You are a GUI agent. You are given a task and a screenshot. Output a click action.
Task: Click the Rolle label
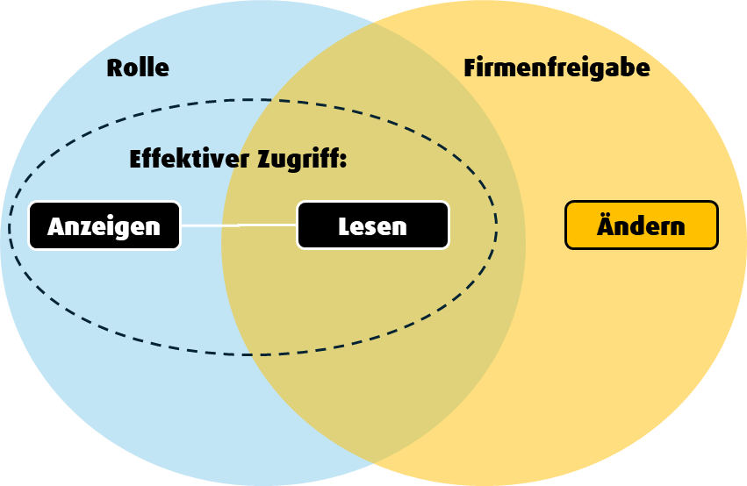pyautogui.click(x=138, y=68)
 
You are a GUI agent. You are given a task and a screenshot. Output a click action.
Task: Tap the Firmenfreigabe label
pyautogui.click(x=557, y=68)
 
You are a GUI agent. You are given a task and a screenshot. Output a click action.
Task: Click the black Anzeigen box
pyautogui.click(x=104, y=226)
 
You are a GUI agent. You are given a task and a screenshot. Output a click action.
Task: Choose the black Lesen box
pyautogui.click(x=373, y=225)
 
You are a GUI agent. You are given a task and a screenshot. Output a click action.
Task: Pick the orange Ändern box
pyautogui.click(x=641, y=225)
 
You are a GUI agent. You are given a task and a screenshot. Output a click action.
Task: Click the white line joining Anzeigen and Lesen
pyautogui.click(x=238, y=225)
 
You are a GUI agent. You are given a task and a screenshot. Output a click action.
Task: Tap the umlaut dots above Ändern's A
pyautogui.click(x=607, y=213)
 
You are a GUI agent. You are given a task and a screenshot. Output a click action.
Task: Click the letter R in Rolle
pyautogui.click(x=114, y=68)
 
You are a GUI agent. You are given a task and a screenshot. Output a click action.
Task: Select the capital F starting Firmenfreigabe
pyautogui.click(x=470, y=68)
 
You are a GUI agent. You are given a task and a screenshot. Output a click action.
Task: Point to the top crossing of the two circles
pyautogui.click(x=374, y=24)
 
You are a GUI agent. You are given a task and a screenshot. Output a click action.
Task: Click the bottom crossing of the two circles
pyautogui.click(x=374, y=462)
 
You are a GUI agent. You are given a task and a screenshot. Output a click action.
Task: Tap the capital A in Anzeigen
pyautogui.click(x=55, y=226)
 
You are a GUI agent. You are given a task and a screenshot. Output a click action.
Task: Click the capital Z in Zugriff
pyautogui.click(x=265, y=160)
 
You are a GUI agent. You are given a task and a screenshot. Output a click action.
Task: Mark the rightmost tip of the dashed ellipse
pyautogui.click(x=497, y=226)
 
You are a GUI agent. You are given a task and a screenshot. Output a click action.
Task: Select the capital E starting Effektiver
pyautogui.click(x=135, y=160)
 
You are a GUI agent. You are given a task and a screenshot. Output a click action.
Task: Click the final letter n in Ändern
pyautogui.click(x=677, y=227)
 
